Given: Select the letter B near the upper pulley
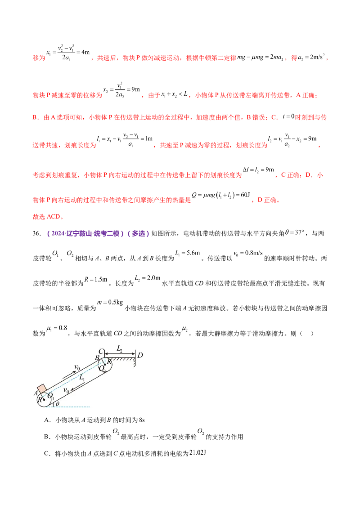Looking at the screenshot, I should [x=97, y=358].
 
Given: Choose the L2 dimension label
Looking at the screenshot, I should [x=120, y=348].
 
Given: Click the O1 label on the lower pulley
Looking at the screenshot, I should [x=50, y=396].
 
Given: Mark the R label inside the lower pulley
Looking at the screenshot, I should [x=39, y=399].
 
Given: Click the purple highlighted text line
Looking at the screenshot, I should [x=99, y=233].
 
